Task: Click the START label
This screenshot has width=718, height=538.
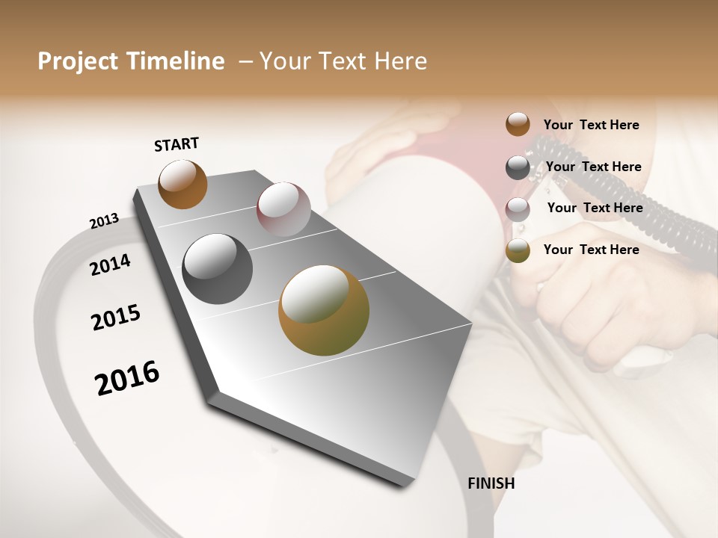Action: coord(177,144)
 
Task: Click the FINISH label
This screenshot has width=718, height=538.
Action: coord(491,483)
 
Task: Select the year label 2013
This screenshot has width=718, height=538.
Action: coord(104,221)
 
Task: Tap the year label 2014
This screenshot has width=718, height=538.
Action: coord(110,265)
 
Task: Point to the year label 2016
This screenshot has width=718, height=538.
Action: coord(127,378)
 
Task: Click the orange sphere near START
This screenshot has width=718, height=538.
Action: coord(182,184)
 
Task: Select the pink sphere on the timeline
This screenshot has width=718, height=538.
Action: coord(283,209)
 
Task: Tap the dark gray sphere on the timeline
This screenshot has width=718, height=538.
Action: coord(217,269)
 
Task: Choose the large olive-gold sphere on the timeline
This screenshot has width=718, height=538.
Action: coord(323,310)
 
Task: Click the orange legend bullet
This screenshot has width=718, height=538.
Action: coord(518,124)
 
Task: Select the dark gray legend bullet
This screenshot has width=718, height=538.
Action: coord(518,167)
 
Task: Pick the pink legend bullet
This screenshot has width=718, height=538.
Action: coord(518,209)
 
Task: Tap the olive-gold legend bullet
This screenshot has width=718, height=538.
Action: coord(518,250)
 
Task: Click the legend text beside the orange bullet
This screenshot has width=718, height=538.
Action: coord(591,125)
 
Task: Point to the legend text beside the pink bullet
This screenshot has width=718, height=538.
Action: coord(595,208)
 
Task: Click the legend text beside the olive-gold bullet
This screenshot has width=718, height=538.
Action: coord(591,250)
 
